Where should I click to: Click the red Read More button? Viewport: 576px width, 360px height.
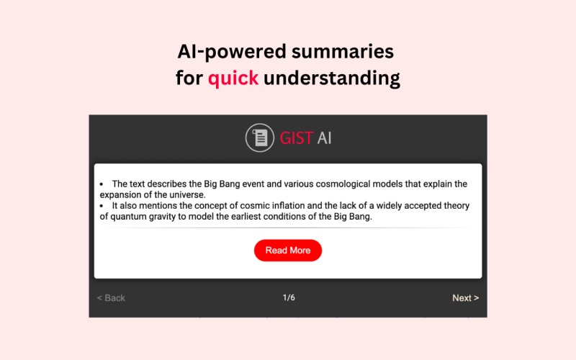click(x=288, y=250)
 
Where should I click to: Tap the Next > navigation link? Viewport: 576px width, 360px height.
click(x=465, y=298)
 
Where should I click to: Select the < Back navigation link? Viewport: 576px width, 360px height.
click(x=111, y=298)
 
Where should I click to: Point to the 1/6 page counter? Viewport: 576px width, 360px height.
click(x=289, y=297)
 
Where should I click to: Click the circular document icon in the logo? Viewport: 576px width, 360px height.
click(x=260, y=138)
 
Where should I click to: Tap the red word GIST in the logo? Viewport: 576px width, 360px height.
click(x=297, y=138)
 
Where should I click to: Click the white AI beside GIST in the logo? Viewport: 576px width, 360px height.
click(x=325, y=138)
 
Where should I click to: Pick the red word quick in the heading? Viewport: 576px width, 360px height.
click(x=233, y=78)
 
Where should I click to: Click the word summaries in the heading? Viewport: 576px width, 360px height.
click(x=343, y=51)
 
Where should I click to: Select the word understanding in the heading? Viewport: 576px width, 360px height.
click(x=332, y=78)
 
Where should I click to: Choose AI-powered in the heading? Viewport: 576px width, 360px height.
click(x=232, y=52)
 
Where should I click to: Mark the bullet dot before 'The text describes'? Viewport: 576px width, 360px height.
click(x=102, y=184)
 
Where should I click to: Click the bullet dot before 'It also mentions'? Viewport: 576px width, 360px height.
click(x=102, y=206)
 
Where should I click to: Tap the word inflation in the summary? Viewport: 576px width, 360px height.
click(x=287, y=205)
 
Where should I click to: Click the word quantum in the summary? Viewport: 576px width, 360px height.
click(x=130, y=217)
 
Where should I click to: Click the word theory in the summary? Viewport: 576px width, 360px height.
click(x=456, y=206)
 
